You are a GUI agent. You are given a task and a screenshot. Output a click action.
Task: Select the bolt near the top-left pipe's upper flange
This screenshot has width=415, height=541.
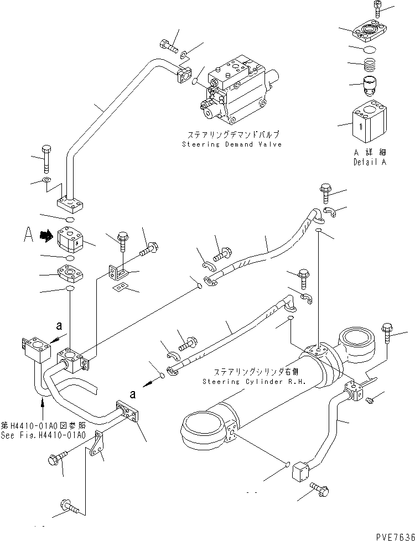coord(168,45)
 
